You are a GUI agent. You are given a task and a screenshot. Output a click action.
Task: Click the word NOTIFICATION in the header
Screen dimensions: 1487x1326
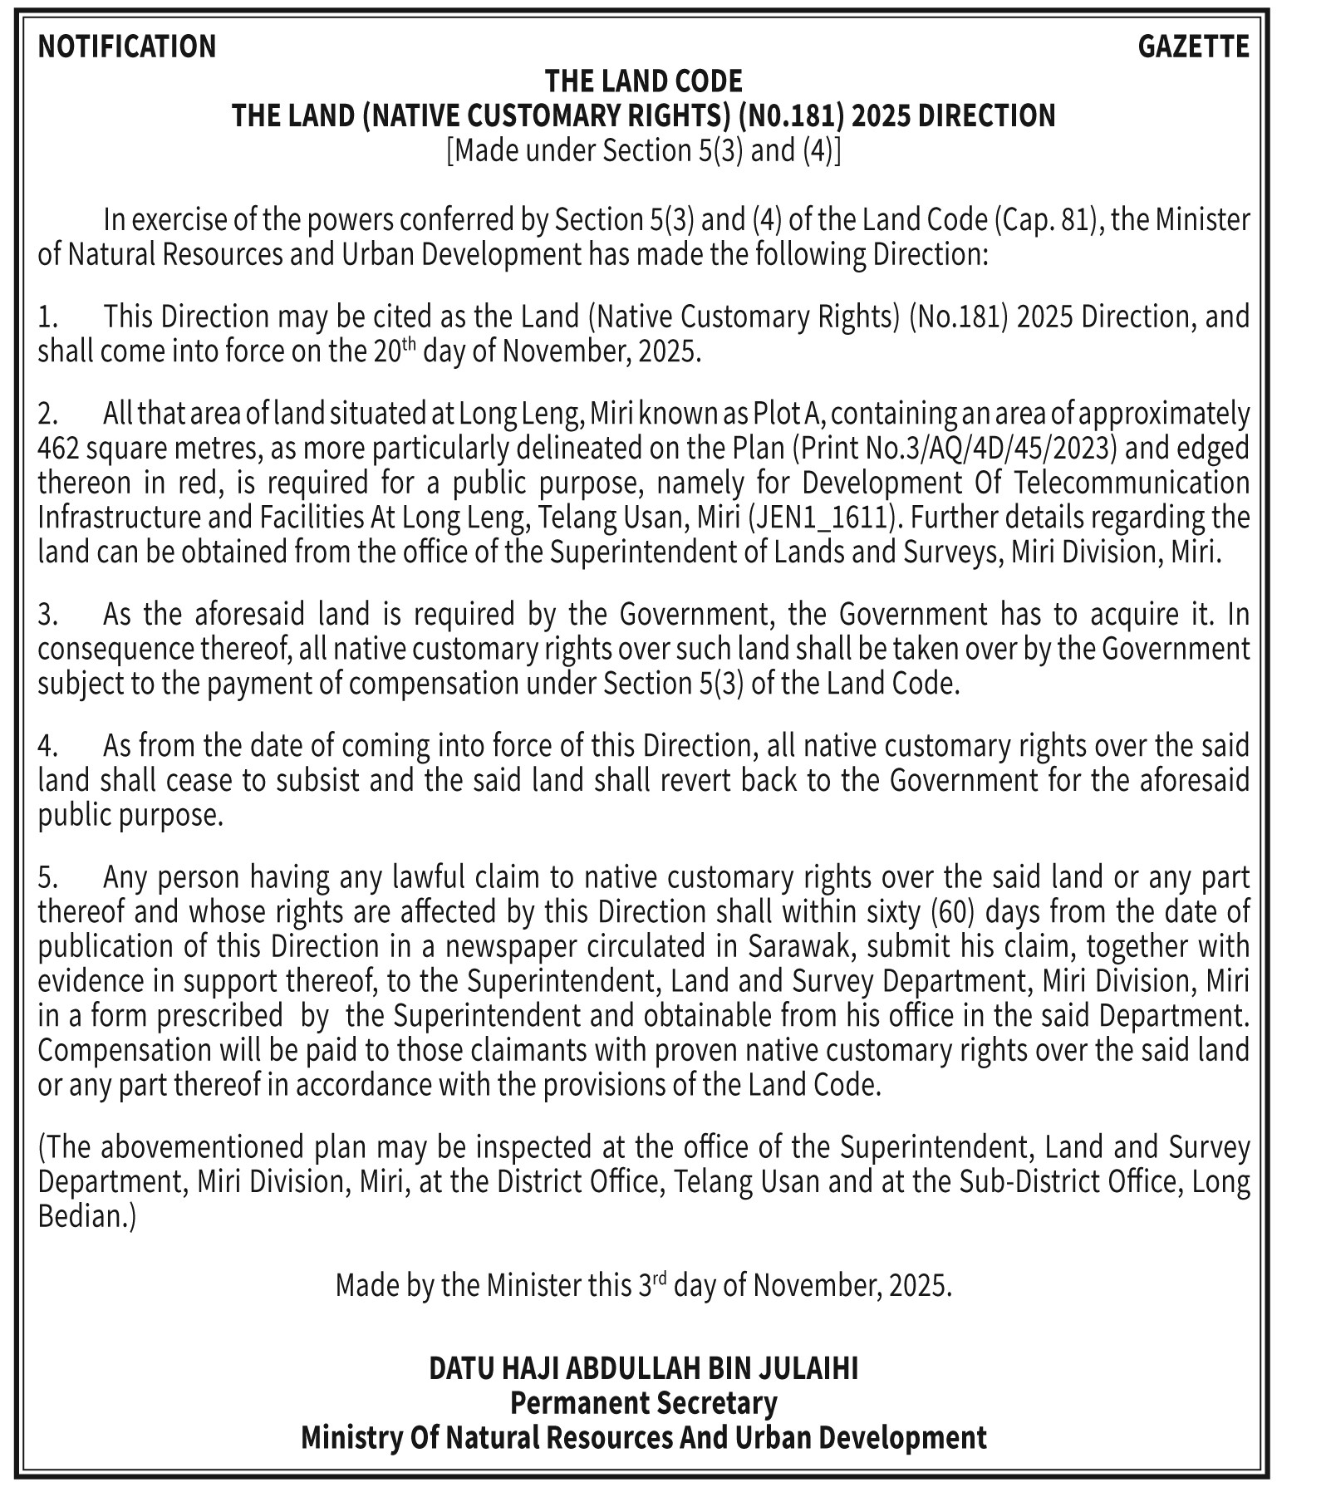(127, 47)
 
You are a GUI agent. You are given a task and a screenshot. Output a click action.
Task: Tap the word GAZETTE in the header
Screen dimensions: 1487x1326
(1192, 47)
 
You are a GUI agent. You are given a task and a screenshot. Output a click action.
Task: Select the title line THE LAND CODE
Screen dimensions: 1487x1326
(643, 81)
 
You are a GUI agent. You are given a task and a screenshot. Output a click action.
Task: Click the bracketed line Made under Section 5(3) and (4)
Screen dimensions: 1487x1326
(643, 150)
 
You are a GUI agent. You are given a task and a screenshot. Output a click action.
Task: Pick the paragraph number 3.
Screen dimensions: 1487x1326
(47, 615)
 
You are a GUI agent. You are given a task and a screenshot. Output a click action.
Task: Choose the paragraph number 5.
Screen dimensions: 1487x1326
(47, 877)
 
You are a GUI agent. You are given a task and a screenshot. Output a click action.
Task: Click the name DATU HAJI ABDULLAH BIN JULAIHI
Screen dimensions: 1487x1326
(643, 1368)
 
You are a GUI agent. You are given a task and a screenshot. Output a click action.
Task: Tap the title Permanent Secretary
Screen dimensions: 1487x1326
(643, 1403)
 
